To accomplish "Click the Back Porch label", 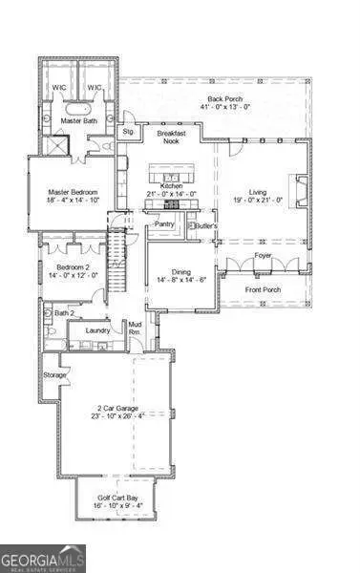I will [224, 99].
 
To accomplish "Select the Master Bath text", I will [79, 121].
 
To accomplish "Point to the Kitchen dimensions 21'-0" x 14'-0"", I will [171, 196].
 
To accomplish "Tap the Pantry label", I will [164, 225].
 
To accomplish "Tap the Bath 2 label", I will [64, 312].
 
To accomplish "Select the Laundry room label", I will [97, 330].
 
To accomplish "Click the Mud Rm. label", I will [136, 329].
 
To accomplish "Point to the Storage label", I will [55, 375].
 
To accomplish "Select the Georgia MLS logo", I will [43, 556].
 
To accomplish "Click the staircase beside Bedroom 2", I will [119, 263].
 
